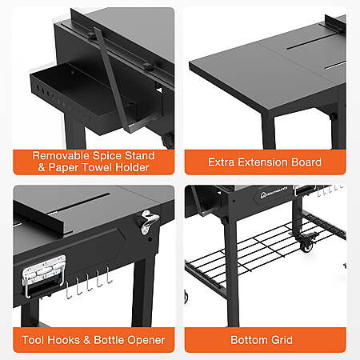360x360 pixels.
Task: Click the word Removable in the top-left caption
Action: [61, 156]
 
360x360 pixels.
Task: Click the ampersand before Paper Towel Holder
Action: [42, 168]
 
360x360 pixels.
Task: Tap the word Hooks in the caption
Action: [64, 340]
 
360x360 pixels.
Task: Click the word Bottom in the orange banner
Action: [250, 340]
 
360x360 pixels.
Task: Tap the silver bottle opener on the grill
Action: [149, 222]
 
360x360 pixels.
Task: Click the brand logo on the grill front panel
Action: [274, 193]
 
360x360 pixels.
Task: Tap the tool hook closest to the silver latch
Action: [68, 290]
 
